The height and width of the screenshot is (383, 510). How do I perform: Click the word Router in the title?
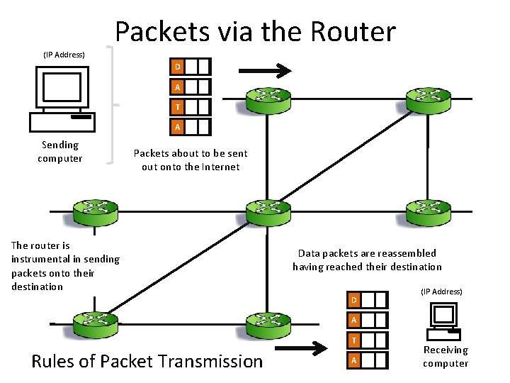coord(353,32)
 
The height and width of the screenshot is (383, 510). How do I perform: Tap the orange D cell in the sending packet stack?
coord(177,67)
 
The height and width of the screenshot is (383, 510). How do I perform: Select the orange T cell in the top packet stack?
coord(177,107)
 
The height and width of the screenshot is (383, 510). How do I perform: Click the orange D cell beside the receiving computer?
coord(354,300)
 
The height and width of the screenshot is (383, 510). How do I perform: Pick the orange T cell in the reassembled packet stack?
coord(354,340)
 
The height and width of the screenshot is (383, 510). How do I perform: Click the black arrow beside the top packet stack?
coord(265,71)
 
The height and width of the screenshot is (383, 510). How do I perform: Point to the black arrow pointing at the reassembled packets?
coord(301,348)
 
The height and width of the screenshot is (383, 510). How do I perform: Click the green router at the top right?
coord(429,100)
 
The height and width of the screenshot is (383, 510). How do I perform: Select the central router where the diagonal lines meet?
coord(268,213)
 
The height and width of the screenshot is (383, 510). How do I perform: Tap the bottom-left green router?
coord(96,325)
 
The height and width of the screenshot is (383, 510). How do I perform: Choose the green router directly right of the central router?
coord(429,213)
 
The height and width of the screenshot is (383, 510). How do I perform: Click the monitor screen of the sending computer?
coord(62,87)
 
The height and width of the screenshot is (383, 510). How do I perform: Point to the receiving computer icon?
coord(443,321)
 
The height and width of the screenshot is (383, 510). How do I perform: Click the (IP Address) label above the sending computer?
coord(64,55)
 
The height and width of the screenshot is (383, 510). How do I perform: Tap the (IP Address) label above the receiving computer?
coord(441,292)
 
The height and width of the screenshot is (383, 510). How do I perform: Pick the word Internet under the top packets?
coord(220,167)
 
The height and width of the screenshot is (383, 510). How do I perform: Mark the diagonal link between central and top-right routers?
coord(346,155)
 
